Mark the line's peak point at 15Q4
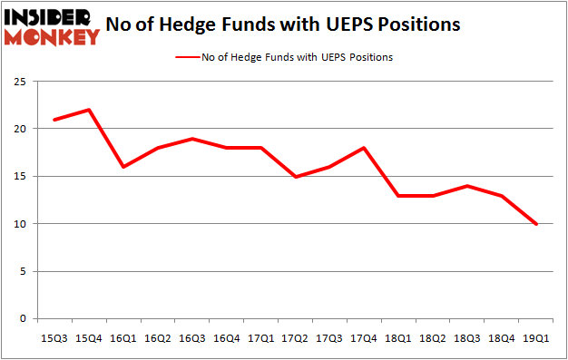[x=88, y=110]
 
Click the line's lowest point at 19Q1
[x=537, y=224]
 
